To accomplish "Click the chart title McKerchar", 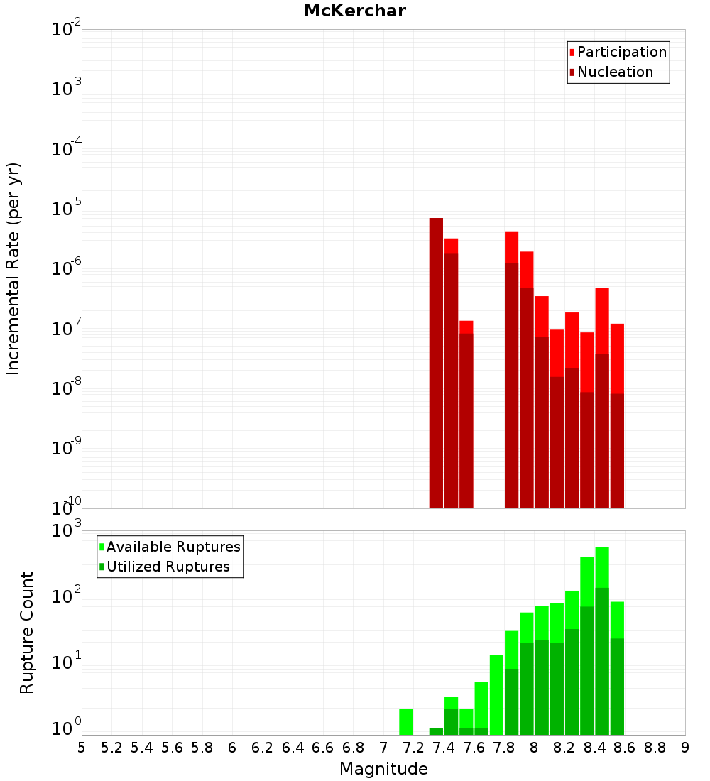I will coord(355,11).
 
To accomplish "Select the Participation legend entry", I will coord(621,52).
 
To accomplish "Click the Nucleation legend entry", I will coord(614,72).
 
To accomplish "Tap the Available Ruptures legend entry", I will coord(173,547).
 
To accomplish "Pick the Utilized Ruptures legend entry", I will coord(168,567).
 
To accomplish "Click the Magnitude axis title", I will coord(383,769).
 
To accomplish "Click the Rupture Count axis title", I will coord(27,632).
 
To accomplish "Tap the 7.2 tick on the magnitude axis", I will coord(413,747).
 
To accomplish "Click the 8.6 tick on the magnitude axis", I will coord(625,747).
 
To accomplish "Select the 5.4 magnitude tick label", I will coord(142,747).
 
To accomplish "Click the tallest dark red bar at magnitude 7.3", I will coord(436,362).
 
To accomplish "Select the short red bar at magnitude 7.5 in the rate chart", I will coord(466,419).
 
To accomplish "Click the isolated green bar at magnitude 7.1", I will coord(406,721).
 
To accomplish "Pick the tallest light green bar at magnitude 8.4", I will coord(602,568).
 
